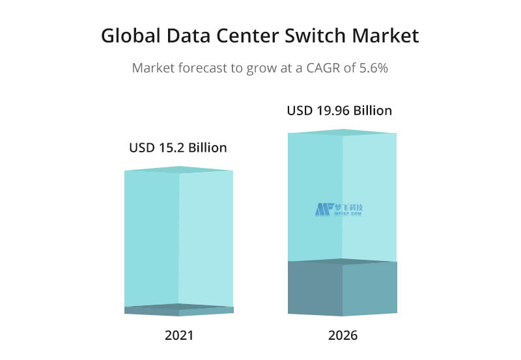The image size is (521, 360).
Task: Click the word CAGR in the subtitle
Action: point(324,68)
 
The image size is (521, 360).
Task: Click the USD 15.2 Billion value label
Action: point(178,148)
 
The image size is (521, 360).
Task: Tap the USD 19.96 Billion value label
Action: point(339,111)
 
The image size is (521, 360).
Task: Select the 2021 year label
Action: point(178,336)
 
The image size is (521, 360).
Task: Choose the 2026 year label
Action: point(343,336)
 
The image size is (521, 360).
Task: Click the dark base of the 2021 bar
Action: point(178,311)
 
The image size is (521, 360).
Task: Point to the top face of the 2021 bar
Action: point(178,170)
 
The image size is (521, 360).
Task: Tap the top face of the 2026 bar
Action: point(343,132)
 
